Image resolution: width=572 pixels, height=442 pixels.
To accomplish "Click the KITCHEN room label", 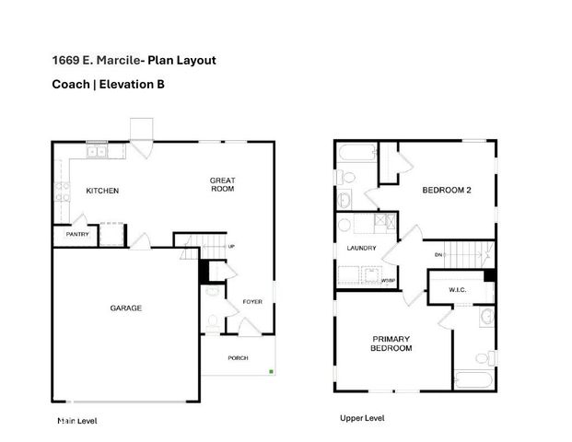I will pyautogui.click(x=102, y=192).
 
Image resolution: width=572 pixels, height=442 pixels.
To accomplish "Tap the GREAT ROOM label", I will pyautogui.click(x=222, y=184).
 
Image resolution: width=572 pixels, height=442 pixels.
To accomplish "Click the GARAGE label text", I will pyautogui.click(x=125, y=308).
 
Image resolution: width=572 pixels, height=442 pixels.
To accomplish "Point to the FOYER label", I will pyautogui.click(x=252, y=301).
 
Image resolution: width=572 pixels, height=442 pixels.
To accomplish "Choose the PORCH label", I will pyautogui.click(x=239, y=358).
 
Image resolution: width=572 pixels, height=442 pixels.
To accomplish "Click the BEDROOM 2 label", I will pyautogui.click(x=447, y=191).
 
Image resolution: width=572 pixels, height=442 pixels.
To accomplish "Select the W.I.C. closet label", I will pyautogui.click(x=459, y=291).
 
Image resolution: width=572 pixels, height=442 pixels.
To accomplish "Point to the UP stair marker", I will pyautogui.click(x=231, y=247).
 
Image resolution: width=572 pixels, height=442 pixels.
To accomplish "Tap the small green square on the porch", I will pyautogui.click(x=270, y=371).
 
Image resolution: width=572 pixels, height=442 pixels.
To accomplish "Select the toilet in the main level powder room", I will pyautogui.click(x=213, y=321).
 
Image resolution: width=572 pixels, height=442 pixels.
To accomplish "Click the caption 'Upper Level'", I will pyautogui.click(x=362, y=418).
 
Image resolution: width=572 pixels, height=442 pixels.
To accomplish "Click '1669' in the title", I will pyautogui.click(x=64, y=61).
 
